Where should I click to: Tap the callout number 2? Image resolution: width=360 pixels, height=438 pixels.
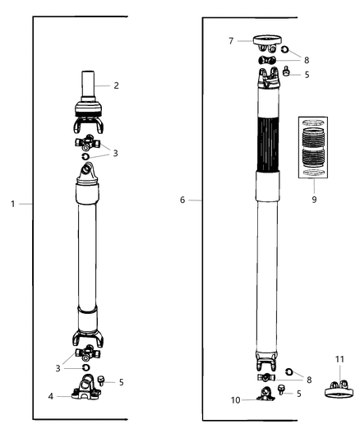click(117, 85)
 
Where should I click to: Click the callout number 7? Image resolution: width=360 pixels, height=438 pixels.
click(233, 39)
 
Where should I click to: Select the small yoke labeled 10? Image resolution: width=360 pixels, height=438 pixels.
click(265, 394)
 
